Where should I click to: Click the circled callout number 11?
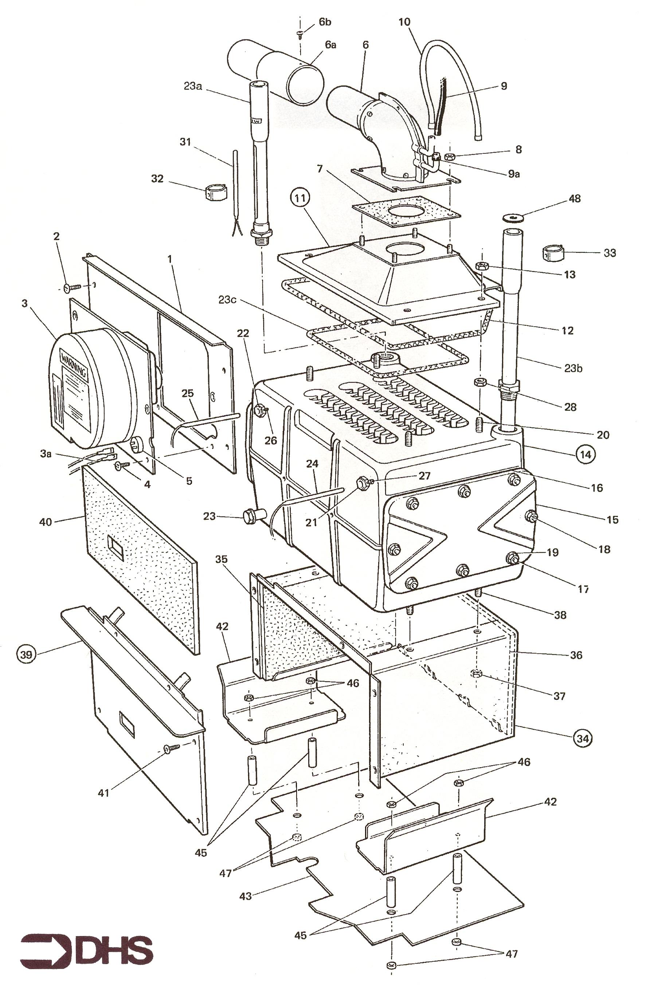[x=300, y=198]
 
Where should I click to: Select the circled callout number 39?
[x=26, y=654]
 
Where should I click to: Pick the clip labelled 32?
[x=214, y=192]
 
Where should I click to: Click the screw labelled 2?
[x=71, y=286]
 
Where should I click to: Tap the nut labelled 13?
[x=481, y=267]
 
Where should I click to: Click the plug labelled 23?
[x=250, y=517]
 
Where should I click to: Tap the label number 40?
[x=46, y=522]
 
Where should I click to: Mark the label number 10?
[x=404, y=22]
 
